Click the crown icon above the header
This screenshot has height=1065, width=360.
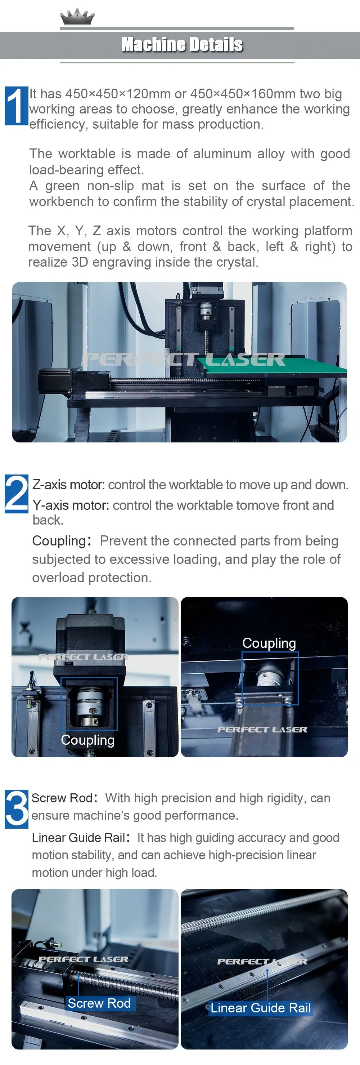[77, 17]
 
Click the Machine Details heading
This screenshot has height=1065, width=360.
[182, 45]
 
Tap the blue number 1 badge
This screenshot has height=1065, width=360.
[17, 106]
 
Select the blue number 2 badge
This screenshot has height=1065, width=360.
[17, 494]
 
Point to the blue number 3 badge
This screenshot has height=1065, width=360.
[17, 809]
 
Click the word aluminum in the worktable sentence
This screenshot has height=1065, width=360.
[222, 154]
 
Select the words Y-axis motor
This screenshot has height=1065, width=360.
[71, 505]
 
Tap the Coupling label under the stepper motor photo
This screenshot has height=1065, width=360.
[87, 740]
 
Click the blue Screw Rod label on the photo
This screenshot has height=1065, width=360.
[99, 1003]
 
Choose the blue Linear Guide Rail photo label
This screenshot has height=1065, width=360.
[260, 1008]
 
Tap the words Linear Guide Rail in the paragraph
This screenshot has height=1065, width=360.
[78, 838]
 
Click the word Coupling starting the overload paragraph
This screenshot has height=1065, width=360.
[59, 541]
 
